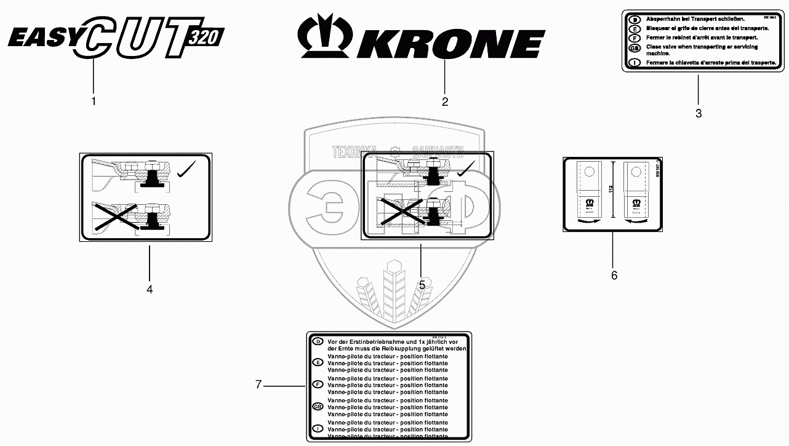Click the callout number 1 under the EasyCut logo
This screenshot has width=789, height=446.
coord(94,101)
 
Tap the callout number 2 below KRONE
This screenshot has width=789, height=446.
coord(445,102)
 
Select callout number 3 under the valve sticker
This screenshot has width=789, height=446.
coord(699,113)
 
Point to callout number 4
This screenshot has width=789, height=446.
coord(150,288)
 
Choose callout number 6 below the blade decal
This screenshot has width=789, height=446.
coord(614,276)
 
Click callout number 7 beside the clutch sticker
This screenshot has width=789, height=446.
coord(258,385)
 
